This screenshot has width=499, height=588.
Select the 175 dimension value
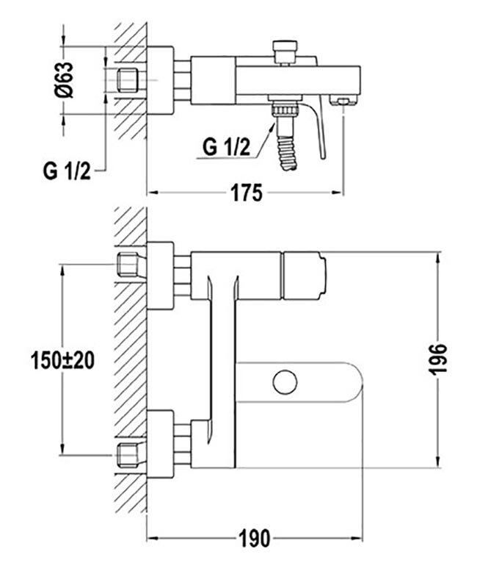(246, 193)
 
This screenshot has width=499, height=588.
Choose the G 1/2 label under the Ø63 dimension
(66, 173)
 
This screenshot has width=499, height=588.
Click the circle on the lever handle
(283, 382)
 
